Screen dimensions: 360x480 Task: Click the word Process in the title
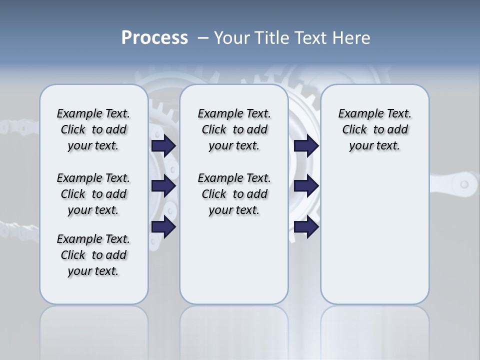tap(154, 38)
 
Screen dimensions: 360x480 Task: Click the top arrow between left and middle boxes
tap(163, 145)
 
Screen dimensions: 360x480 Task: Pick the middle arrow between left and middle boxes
tap(163, 186)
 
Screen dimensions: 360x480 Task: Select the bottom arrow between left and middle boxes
tap(163, 227)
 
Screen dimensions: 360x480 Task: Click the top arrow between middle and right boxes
tap(306, 145)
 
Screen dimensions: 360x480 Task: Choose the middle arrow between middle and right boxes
tap(306, 186)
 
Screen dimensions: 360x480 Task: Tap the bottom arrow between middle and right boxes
tap(306, 227)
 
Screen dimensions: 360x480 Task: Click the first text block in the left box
tap(93, 129)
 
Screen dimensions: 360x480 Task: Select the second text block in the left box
tap(93, 194)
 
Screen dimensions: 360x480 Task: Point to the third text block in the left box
tap(93, 255)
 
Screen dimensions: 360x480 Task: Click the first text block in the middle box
tap(234, 129)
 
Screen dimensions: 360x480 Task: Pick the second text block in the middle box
tap(234, 194)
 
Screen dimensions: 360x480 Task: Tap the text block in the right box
tap(375, 129)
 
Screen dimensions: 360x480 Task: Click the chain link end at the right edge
tap(464, 184)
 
